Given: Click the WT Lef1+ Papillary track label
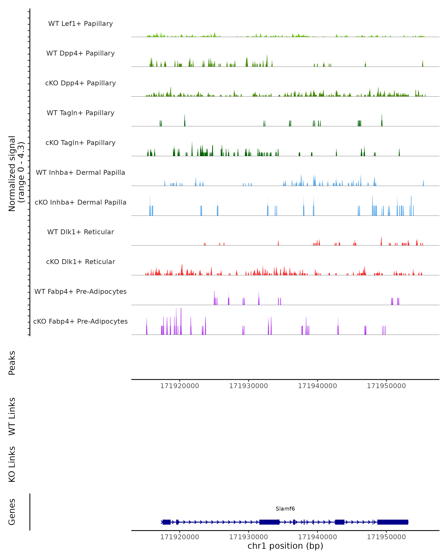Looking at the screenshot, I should [x=80, y=24].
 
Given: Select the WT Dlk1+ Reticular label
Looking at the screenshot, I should [x=80, y=232].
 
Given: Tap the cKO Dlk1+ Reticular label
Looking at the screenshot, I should [x=80, y=262].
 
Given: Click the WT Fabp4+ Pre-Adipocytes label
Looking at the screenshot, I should [x=80, y=291].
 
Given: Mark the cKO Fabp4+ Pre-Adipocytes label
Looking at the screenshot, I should [x=80, y=321].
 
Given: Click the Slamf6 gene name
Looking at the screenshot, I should [x=285, y=509].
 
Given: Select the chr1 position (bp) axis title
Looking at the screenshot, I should [x=285, y=546].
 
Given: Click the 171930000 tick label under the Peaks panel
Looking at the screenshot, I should [x=248, y=386].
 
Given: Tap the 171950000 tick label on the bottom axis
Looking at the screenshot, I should [x=386, y=537].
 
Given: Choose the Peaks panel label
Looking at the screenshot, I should [x=12, y=363].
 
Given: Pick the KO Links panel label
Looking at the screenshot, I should [x=12, y=464].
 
